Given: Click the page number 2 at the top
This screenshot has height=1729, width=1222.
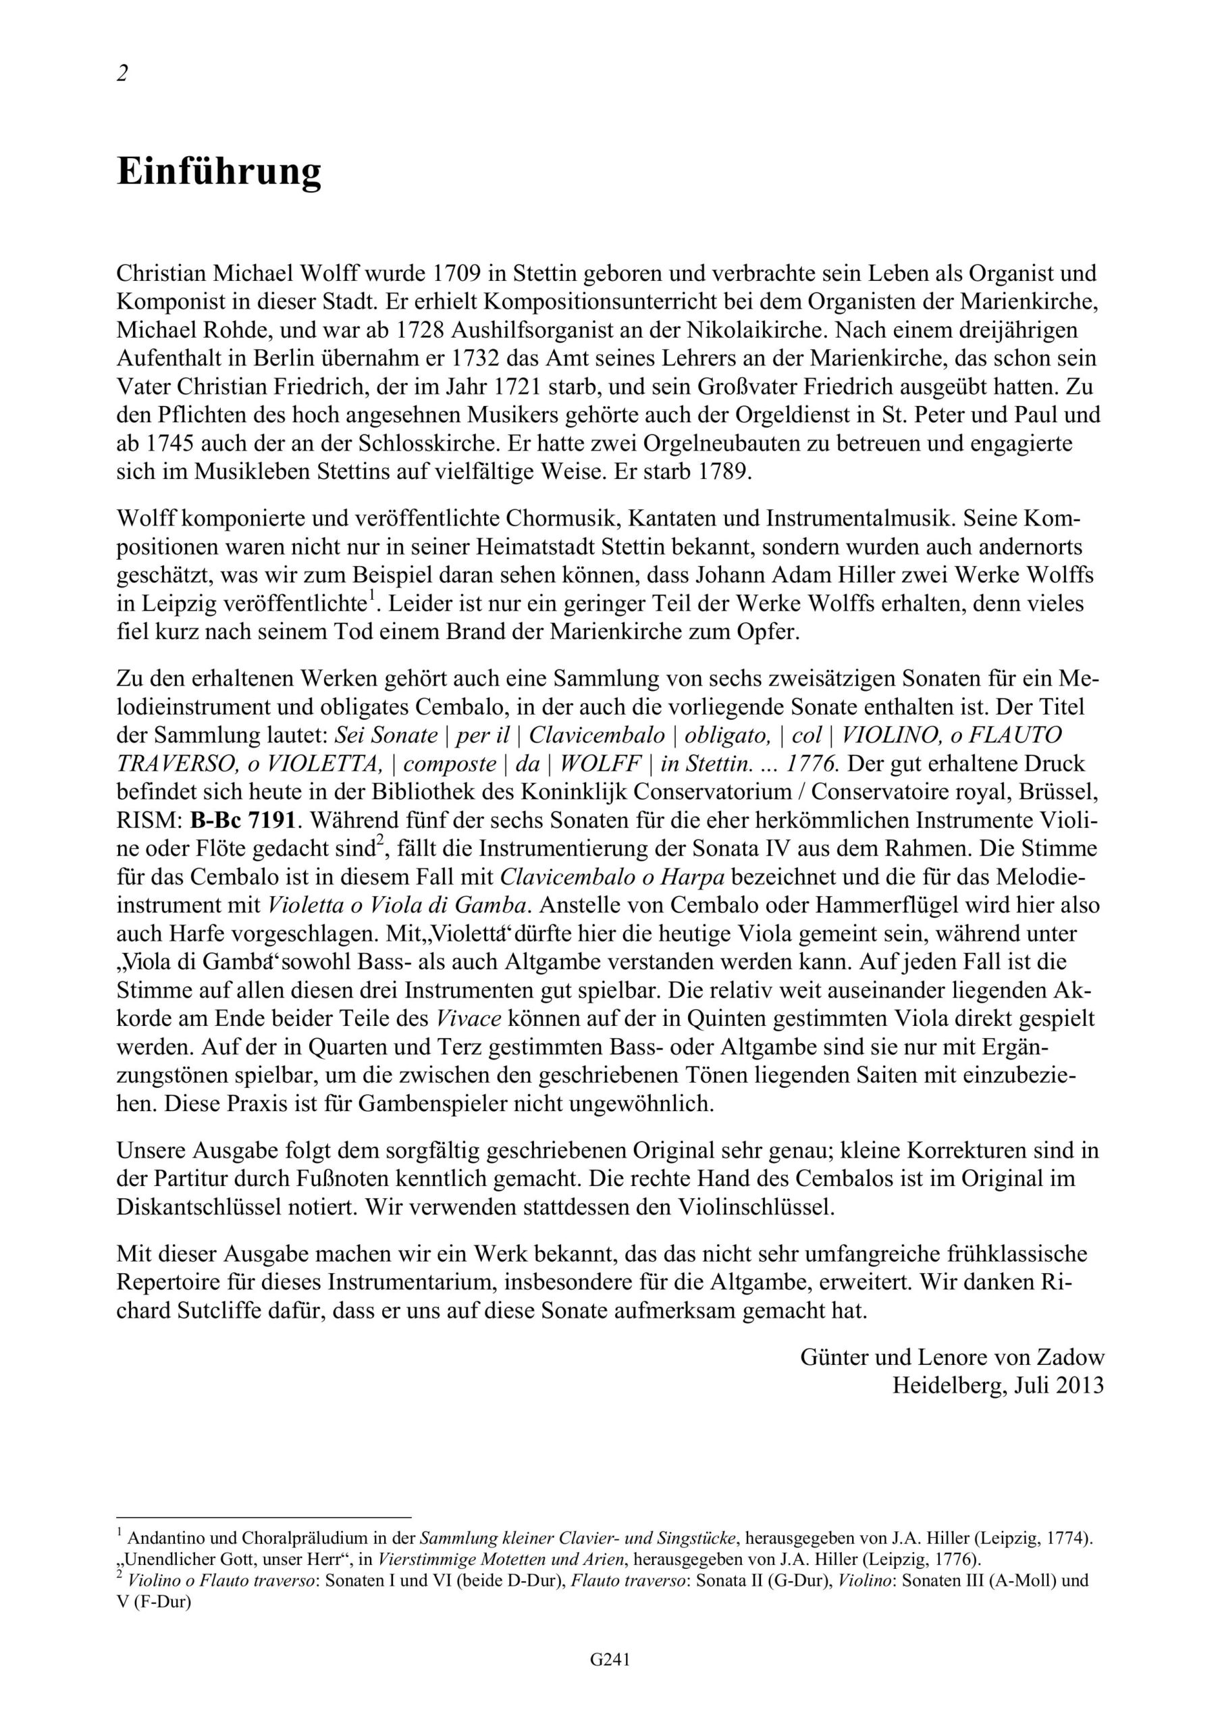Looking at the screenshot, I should pos(123,74).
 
